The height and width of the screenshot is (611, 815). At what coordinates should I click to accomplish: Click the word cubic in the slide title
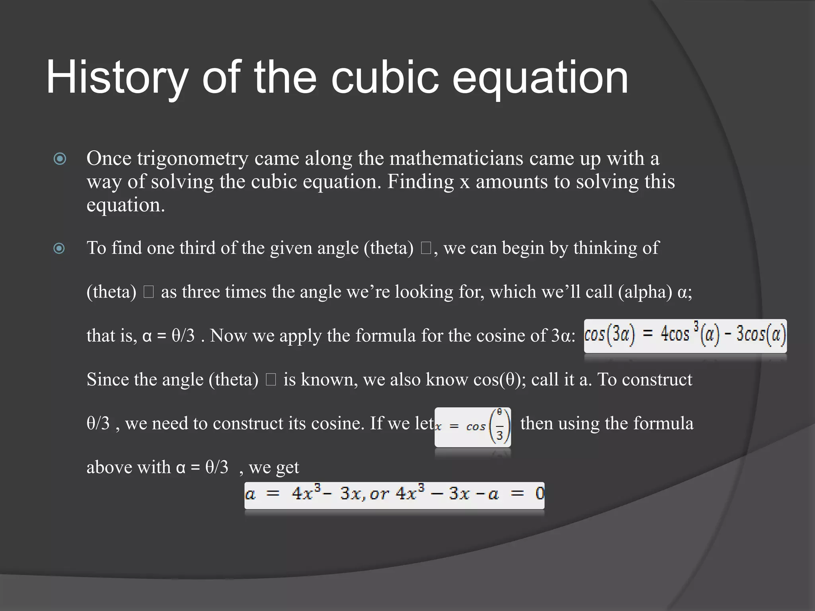[x=384, y=77]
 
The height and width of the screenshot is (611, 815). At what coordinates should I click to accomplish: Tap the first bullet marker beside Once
[x=60, y=159]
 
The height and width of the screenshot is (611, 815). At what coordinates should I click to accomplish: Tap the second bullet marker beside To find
[x=59, y=249]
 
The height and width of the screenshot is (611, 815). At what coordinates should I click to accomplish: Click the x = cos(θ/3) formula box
[x=473, y=427]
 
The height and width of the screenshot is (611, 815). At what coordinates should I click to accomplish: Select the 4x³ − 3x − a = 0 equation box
[x=394, y=494]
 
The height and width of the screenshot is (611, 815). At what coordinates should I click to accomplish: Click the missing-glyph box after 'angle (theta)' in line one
[x=425, y=249]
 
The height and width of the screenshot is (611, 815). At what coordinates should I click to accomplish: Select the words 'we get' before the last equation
[x=274, y=467]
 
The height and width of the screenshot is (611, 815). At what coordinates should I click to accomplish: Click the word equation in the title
[x=540, y=78]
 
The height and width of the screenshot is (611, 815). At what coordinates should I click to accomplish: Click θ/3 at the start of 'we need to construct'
[x=98, y=423]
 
